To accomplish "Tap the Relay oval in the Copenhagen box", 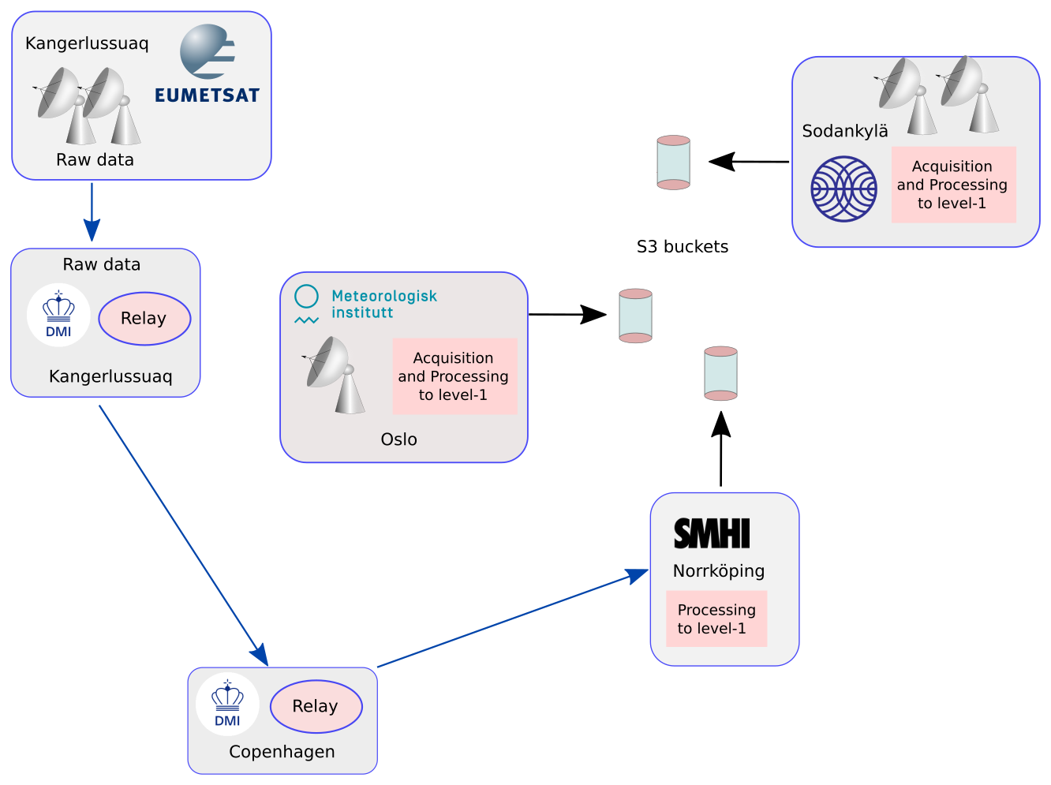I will click(x=316, y=706).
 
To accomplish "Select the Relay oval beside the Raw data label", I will click(x=144, y=319).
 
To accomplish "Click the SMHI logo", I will click(x=712, y=534).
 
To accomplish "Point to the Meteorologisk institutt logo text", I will click(x=383, y=304).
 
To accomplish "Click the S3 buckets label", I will click(x=683, y=247).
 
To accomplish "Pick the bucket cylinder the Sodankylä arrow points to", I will click(x=674, y=163).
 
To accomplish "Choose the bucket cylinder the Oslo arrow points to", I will click(x=635, y=316).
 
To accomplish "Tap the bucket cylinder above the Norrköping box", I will click(x=720, y=373).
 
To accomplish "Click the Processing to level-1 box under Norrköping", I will click(x=716, y=619).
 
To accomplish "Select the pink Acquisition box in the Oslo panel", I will click(x=454, y=376).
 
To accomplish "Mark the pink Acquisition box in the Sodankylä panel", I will click(x=953, y=185).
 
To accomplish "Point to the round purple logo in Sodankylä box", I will click(x=844, y=189).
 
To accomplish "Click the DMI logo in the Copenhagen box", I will click(x=227, y=704).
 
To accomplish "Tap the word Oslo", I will click(x=398, y=439).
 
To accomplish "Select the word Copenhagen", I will click(x=282, y=752).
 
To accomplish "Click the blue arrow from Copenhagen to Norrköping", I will click(x=513, y=619).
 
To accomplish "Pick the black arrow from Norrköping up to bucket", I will click(x=720, y=450).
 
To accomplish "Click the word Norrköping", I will click(x=719, y=571).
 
